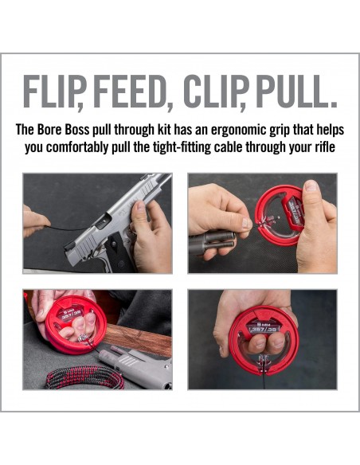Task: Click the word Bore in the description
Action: tap(49, 130)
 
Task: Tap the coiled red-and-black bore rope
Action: tap(84, 377)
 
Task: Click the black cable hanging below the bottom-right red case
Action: tap(264, 380)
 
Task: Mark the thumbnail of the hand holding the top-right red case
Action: tap(311, 186)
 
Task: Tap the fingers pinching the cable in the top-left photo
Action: tap(35, 221)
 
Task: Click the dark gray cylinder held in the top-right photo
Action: tap(211, 242)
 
